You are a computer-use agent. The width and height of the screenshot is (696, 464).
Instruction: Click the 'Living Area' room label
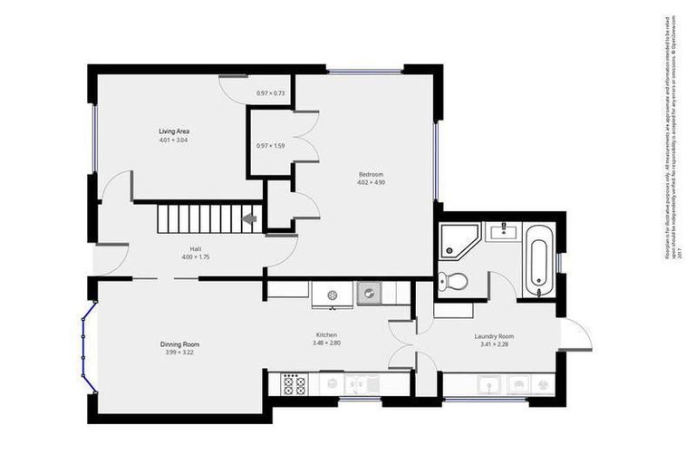(174, 131)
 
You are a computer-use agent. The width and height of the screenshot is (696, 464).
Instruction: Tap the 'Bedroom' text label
(371, 174)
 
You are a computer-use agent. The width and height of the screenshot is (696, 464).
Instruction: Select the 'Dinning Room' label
(179, 344)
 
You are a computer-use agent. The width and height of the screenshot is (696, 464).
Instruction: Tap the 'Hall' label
(195, 248)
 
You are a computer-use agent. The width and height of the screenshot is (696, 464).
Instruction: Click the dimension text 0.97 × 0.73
(270, 93)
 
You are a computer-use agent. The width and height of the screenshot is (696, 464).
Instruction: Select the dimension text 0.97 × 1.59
(270, 146)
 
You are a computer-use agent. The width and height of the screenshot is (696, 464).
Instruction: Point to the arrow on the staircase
(249, 218)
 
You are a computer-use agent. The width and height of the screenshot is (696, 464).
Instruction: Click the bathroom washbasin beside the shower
(500, 233)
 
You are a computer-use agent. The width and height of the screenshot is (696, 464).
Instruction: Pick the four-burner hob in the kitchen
(294, 384)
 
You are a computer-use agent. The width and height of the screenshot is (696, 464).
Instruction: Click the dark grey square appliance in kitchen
(370, 294)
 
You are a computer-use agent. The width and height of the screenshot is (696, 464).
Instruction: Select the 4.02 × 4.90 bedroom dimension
(371, 182)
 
